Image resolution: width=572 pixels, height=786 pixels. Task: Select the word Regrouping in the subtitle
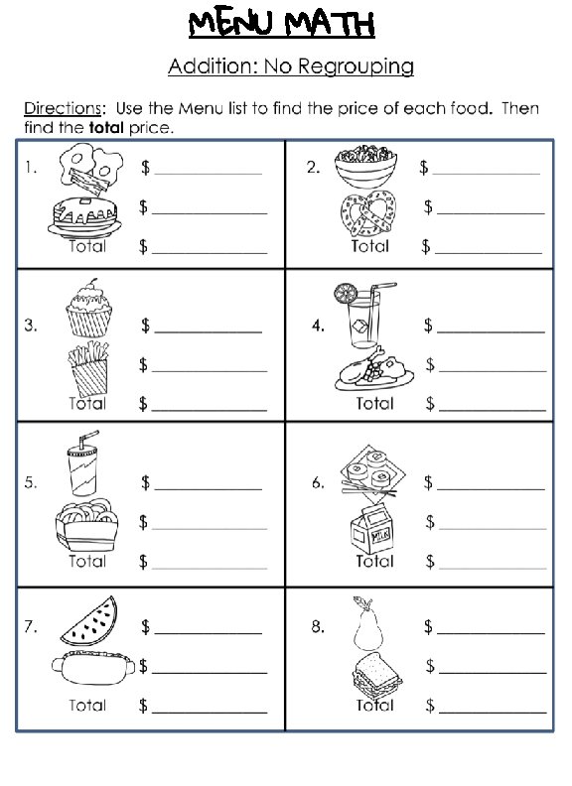click(x=359, y=67)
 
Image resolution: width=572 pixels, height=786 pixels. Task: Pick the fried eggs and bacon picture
click(x=88, y=169)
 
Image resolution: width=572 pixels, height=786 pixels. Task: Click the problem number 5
click(x=31, y=483)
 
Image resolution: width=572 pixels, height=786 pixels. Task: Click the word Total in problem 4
click(x=374, y=404)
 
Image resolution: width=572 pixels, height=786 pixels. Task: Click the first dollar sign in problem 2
click(x=426, y=169)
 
